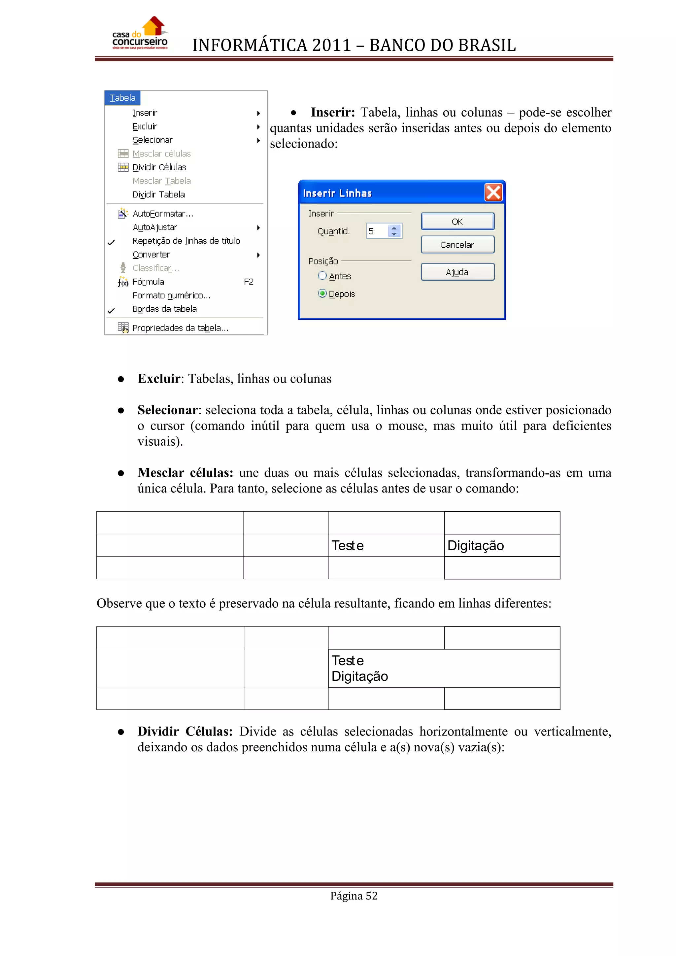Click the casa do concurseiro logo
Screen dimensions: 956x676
[140, 34]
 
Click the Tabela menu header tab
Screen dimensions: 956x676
[122, 98]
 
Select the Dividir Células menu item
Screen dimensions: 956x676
[159, 167]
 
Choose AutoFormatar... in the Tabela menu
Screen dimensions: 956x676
[163, 214]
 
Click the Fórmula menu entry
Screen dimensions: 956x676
[148, 282]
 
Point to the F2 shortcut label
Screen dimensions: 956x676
[249, 282]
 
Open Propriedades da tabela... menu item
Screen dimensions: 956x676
[180, 328]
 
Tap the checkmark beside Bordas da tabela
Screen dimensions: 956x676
[111, 310]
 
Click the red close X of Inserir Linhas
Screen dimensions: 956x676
[493, 193]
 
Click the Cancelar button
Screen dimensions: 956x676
[457, 245]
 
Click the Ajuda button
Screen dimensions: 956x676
[457, 272]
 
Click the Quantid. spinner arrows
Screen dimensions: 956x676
[394, 231]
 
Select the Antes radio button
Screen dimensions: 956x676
[322, 276]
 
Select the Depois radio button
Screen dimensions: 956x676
[322, 293]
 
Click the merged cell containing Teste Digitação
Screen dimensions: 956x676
[443, 668]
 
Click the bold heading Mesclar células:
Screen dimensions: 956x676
[185, 473]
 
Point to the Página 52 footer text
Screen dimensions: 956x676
[354, 896]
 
